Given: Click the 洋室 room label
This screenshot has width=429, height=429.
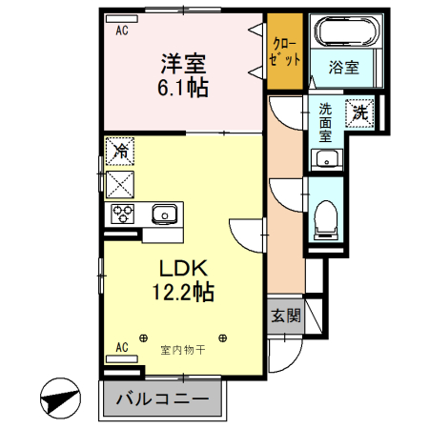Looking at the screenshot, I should click(x=184, y=65).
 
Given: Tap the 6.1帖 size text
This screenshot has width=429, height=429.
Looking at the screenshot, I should click(x=183, y=87).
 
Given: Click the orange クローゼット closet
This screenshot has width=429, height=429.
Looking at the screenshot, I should click(x=285, y=52).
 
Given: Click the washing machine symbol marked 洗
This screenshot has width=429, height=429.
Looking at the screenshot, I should click(x=360, y=112).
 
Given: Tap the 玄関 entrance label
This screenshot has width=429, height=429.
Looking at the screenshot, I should click(x=284, y=316).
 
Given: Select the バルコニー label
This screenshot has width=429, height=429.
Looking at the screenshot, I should click(x=163, y=399).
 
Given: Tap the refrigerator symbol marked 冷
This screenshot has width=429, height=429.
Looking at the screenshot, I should click(x=121, y=150).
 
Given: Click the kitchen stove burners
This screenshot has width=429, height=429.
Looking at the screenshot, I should click(x=123, y=214).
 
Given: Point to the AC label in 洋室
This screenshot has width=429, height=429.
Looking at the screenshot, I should click(x=121, y=31).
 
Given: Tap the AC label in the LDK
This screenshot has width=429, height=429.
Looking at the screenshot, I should click(x=121, y=347).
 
